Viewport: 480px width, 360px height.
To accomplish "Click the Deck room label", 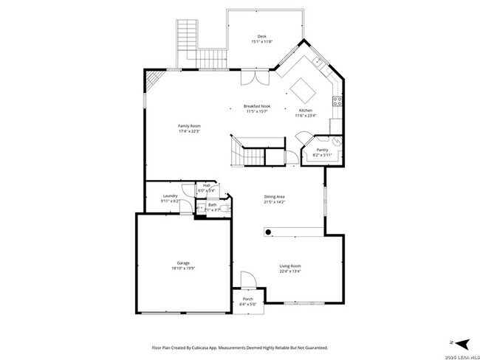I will pyautogui.click(x=261, y=36).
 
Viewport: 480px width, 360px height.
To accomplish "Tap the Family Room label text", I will pyautogui.click(x=189, y=126).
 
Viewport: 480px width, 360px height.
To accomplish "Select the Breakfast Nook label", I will pyautogui.click(x=256, y=106).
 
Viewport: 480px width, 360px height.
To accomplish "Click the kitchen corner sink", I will pyautogui.click(x=316, y=62).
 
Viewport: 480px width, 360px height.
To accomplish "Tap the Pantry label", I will pyautogui.click(x=323, y=150).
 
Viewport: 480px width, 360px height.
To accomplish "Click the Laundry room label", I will pyautogui.click(x=171, y=195).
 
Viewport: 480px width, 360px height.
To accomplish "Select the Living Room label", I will pyautogui.click(x=289, y=266).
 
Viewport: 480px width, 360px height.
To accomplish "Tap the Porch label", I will pyautogui.click(x=247, y=299).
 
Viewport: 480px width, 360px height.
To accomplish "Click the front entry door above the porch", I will pyautogui.click(x=248, y=280).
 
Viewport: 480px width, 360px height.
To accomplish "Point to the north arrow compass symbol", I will pyautogui.click(x=461, y=342).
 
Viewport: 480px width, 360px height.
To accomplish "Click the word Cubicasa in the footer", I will pyautogui.click(x=208, y=347).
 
